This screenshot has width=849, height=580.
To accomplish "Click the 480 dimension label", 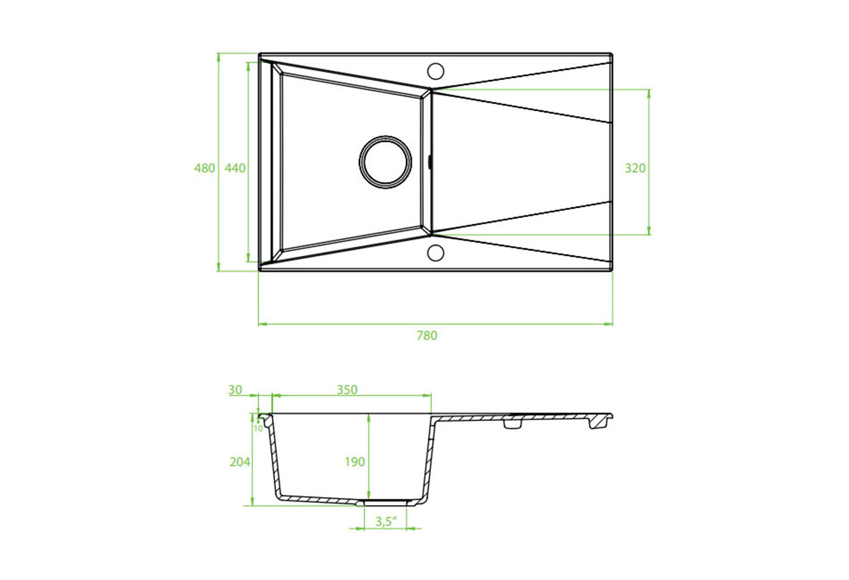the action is point(204,168).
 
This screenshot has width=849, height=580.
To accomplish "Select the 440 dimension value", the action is point(235,168).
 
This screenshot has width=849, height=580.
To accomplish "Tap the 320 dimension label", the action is point(635,168).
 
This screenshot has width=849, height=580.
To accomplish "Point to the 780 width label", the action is point(427,335).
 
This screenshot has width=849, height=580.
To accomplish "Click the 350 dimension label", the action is point(347,390).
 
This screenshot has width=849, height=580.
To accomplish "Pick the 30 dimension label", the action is point(235,390).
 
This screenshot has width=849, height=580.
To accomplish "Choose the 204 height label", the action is point(240,461).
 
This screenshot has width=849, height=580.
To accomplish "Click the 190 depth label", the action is point(354,461).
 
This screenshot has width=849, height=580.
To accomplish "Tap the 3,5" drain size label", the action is point(386,521).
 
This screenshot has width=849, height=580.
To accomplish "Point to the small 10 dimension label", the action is point(258,429).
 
